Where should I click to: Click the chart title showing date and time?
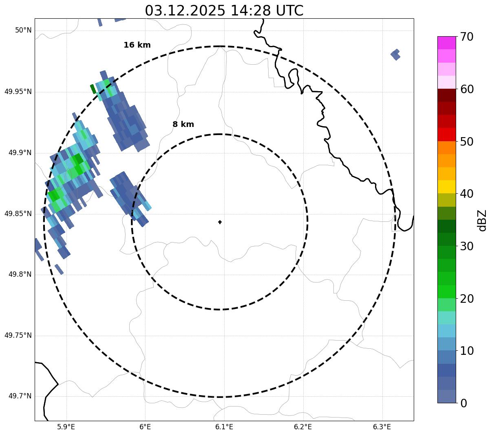point(224,11)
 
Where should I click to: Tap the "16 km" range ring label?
point(137,45)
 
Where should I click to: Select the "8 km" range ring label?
point(183,125)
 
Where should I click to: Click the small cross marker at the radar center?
point(220,222)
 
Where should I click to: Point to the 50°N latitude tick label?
point(23,30)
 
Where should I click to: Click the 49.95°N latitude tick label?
point(18,92)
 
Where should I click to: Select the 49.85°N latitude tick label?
point(18,214)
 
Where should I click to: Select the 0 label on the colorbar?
point(463,403)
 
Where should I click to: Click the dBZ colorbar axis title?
point(483,220)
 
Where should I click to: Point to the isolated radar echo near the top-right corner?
point(395,54)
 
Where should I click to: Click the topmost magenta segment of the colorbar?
point(446,43)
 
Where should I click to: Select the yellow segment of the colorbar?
point(446,187)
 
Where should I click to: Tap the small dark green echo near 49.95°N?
point(93,89)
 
